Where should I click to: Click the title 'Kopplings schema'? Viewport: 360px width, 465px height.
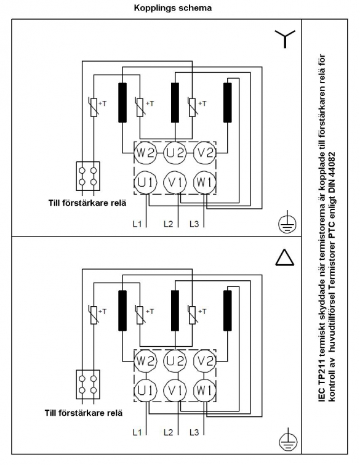[173, 8]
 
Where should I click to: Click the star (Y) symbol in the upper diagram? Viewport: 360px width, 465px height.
[285, 39]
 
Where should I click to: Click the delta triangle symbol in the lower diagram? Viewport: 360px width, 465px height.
[285, 257]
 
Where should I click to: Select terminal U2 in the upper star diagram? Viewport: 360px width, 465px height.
[175, 153]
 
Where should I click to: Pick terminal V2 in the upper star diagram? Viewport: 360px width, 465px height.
[205, 153]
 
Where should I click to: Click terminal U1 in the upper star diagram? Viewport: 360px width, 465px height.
[145, 182]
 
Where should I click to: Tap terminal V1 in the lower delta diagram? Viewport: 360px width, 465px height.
[175, 390]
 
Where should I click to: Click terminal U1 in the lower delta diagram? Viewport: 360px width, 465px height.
[145, 390]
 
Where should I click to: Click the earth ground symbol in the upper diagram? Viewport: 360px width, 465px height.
[287, 222]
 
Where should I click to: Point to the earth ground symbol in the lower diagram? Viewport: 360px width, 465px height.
[288, 440]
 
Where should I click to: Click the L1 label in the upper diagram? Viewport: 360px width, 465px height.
[137, 224]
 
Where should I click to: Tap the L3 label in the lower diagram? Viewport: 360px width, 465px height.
[194, 432]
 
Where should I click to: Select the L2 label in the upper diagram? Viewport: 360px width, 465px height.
[168, 224]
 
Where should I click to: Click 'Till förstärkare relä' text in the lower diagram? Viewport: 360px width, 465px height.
[84, 413]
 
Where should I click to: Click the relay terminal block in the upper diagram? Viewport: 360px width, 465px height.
[88, 176]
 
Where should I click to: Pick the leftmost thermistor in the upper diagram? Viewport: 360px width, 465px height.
[94, 107]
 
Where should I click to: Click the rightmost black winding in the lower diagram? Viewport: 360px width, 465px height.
[227, 310]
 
